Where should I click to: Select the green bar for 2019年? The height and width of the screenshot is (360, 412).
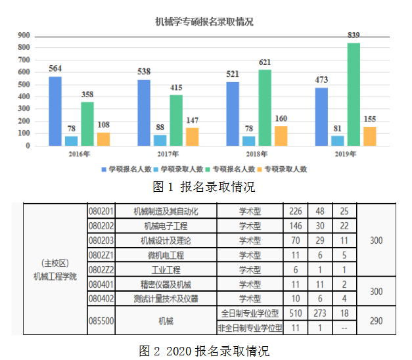coord(354,94)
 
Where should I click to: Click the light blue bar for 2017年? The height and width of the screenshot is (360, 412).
coord(160,140)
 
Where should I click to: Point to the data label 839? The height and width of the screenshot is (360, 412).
coord(354,35)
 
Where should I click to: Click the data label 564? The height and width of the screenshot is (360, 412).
coord(55,69)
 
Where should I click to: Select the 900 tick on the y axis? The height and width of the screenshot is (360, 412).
coord(24,35)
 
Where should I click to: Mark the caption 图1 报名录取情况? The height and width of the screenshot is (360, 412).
coord(204,187)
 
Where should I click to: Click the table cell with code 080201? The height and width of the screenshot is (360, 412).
coord(101,212)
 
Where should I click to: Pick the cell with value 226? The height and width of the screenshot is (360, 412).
coord(295,212)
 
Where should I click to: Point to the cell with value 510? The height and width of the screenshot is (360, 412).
coord(295,313)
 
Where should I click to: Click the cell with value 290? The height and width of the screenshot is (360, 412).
coord(376,320)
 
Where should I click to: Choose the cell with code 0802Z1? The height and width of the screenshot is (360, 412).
coord(101,255)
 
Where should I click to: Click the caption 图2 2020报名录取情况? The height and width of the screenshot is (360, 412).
coord(204,350)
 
